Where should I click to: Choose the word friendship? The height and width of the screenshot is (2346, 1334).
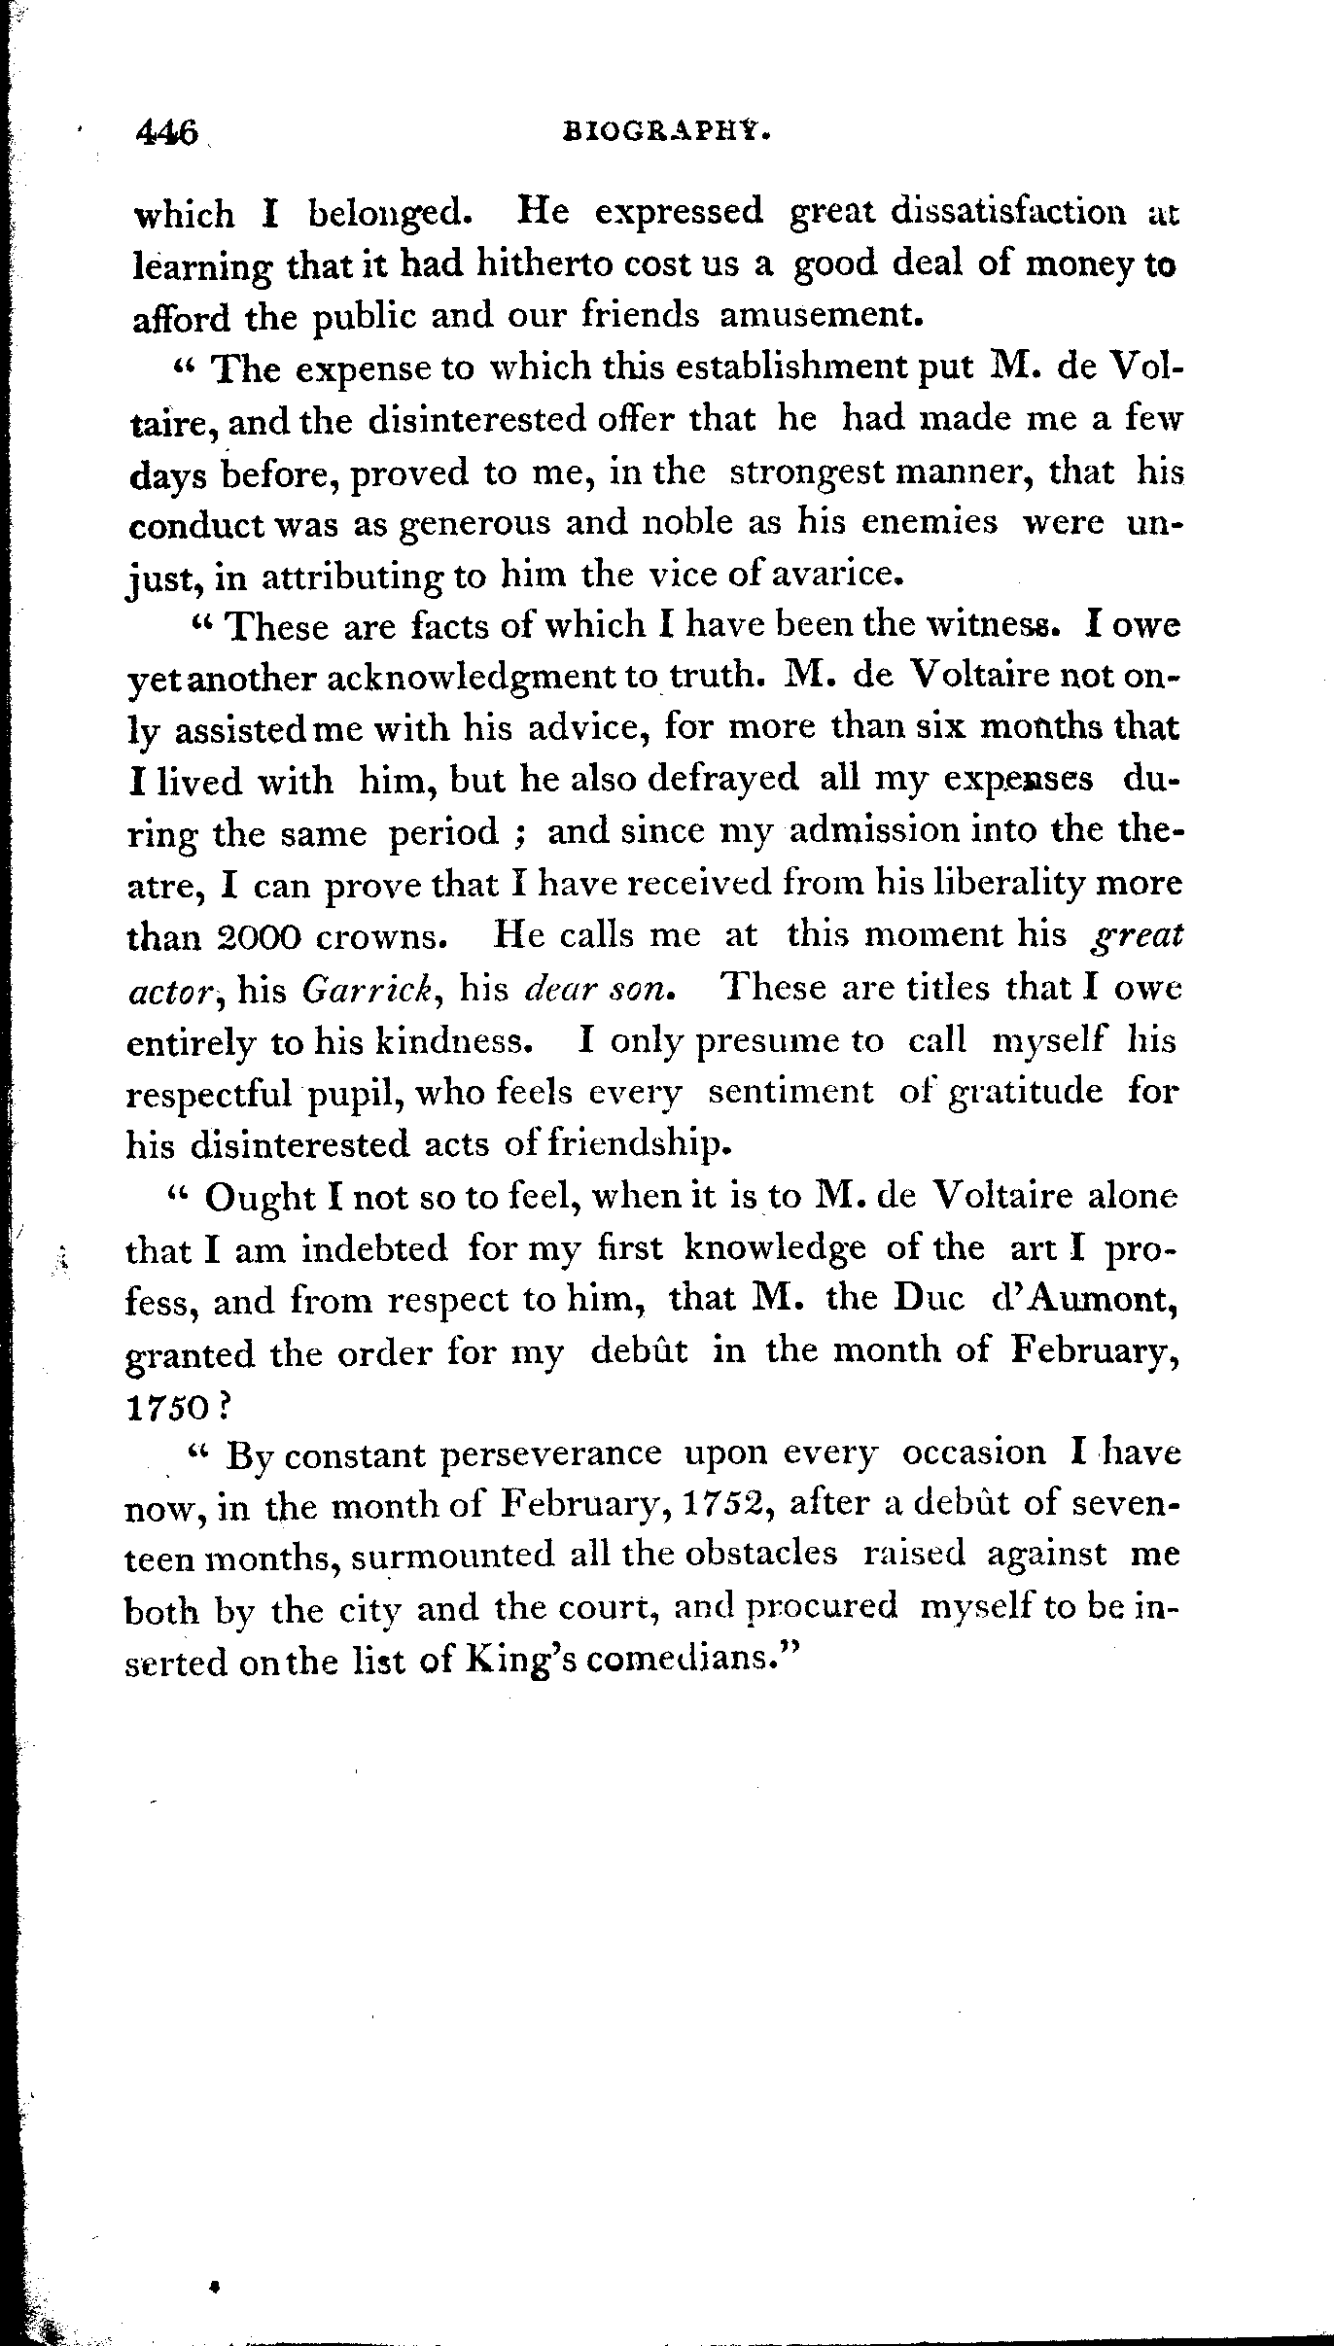[639, 1144]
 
